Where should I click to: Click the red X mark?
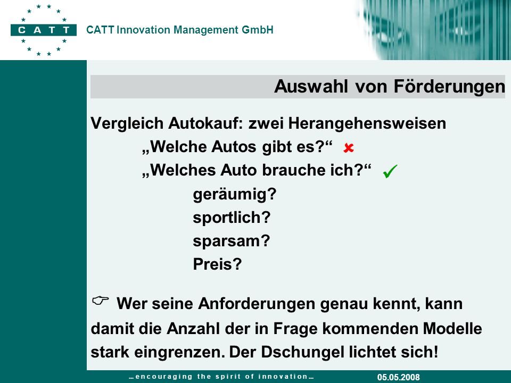click(348, 148)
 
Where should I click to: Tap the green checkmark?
click(390, 171)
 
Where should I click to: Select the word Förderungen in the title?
click(449, 87)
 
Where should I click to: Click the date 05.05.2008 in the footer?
click(399, 377)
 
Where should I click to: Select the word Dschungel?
click(303, 352)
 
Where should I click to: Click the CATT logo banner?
click(44, 30)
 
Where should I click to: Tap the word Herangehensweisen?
click(367, 124)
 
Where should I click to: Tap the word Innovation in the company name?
click(143, 30)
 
